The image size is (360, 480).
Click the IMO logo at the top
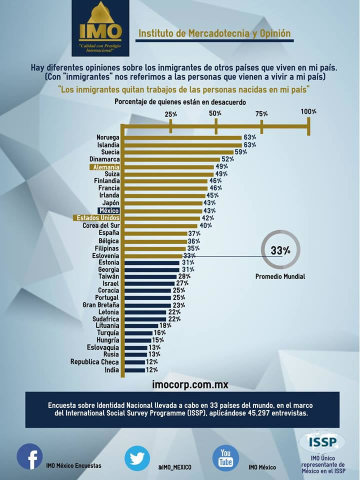tap(100, 28)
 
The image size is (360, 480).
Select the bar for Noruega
tap(183, 138)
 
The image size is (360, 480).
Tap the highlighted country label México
tap(108, 210)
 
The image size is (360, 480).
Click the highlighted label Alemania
tap(104, 167)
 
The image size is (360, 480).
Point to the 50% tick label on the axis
tap(215, 113)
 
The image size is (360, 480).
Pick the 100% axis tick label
tap(308, 111)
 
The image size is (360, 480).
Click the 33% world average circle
tap(280, 250)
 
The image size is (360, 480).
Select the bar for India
tap(134, 370)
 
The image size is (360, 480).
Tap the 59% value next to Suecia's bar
tap(241, 152)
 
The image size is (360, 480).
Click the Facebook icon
tap(29, 456)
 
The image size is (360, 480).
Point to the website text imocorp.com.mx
tap(190, 384)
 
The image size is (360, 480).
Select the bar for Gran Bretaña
tap(148, 305)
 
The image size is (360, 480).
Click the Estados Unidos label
tap(96, 218)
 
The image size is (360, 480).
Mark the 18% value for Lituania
tap(165, 325)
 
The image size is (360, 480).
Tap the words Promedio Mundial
tap(280, 276)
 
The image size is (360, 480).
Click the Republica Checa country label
tap(94, 362)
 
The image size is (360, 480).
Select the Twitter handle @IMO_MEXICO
tap(175, 467)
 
